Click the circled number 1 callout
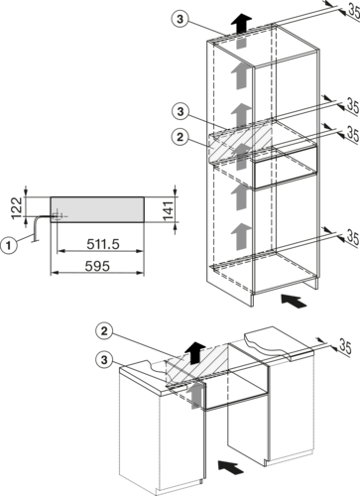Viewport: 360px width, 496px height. (x=9, y=246)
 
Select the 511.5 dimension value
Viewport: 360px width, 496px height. (x=103, y=244)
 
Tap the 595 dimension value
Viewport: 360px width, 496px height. (x=97, y=266)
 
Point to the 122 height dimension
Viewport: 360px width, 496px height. (x=17, y=208)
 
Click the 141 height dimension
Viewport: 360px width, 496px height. (x=168, y=210)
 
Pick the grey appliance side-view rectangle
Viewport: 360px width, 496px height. (x=97, y=209)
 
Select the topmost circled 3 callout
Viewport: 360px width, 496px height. (x=180, y=19)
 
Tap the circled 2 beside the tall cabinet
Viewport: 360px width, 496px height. (x=180, y=137)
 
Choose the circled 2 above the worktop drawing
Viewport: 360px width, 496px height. (x=104, y=331)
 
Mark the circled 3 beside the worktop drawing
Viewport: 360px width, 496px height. (x=104, y=359)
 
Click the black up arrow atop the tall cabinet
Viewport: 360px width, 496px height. (x=241, y=24)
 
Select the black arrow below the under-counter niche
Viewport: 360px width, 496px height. (x=231, y=466)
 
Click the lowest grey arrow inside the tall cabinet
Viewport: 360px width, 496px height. (x=241, y=236)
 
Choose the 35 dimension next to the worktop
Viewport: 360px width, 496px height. (x=345, y=346)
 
